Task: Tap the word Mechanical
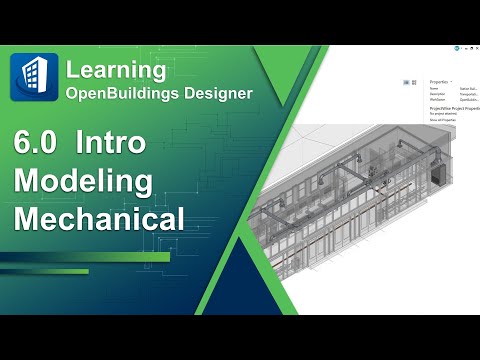(x=99, y=219)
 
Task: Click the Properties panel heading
(x=438, y=82)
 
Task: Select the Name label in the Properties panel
(x=434, y=89)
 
